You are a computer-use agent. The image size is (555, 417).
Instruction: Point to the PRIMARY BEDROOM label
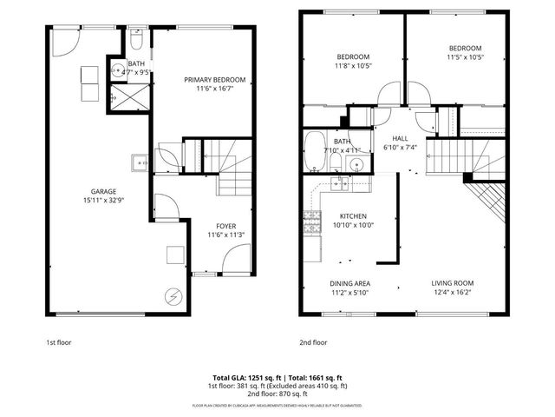pyautogui.click(x=214, y=79)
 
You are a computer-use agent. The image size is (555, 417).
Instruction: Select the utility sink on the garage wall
pyautogui.click(x=140, y=161)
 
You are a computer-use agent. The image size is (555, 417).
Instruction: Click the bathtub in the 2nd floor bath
pyautogui.click(x=314, y=153)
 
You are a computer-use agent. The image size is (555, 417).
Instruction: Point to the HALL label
pyautogui.click(x=400, y=138)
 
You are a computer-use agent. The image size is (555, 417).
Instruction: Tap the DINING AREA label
pyautogui.click(x=350, y=284)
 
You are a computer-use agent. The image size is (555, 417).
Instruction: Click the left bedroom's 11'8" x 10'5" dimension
pyautogui.click(x=353, y=65)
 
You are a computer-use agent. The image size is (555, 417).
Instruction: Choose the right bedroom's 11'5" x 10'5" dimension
pyautogui.click(x=466, y=57)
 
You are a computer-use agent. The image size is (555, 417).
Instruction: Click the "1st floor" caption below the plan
pyautogui.click(x=59, y=342)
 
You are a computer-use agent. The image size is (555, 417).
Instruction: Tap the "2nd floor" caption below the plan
pyautogui.click(x=313, y=342)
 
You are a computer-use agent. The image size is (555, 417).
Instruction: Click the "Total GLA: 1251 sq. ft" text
pyautogui.click(x=239, y=378)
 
